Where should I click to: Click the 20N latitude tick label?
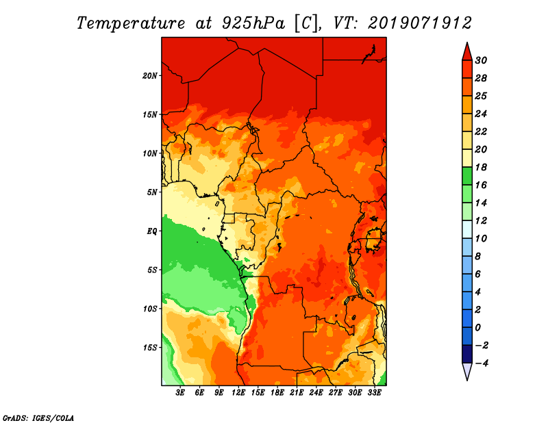tap(150, 75)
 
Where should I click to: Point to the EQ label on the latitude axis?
tap(152, 231)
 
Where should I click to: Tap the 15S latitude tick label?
tap(150, 348)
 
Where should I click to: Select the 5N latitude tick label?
tap(152, 192)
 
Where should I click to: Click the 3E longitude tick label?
tap(180, 392)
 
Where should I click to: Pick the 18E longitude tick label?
tap(277, 392)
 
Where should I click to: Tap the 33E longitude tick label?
tap(374, 392)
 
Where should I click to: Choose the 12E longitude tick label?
tap(238, 392)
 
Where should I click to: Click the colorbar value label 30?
tap(481, 60)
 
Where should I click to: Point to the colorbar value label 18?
tap(481, 167)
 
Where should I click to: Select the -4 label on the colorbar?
tap(482, 363)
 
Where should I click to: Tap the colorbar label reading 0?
tap(478, 328)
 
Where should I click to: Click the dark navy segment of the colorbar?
tap(467, 354)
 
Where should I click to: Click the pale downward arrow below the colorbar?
tap(467, 371)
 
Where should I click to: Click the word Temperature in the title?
tap(131, 23)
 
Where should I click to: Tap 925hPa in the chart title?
tap(253, 23)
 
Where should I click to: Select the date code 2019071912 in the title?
tap(420, 23)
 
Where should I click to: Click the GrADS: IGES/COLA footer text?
tap(38, 418)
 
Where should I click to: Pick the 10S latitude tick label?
tap(150, 309)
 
